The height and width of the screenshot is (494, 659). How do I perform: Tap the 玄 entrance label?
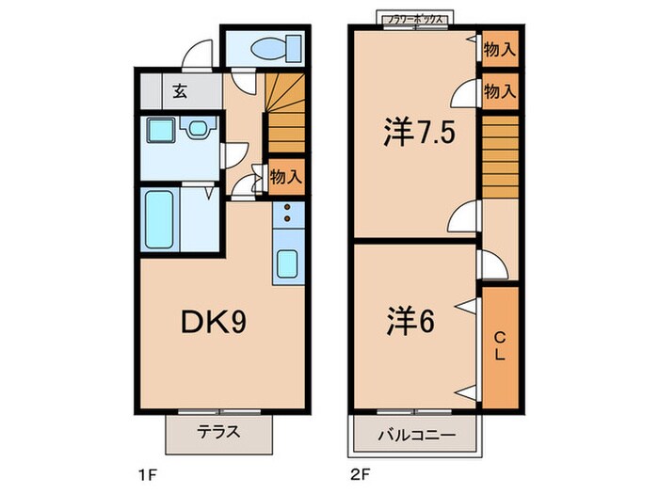pos(179,91)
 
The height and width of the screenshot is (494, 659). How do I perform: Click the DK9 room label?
pos(214,324)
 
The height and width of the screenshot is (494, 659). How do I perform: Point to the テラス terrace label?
pos(218,434)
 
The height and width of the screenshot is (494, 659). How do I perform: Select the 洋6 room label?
pos(409,322)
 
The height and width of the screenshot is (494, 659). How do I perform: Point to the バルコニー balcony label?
pos(417,436)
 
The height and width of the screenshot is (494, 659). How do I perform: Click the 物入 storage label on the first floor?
pos(285,175)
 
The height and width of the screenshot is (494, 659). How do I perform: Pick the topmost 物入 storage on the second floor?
pos(499,49)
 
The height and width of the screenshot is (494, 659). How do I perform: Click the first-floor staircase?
pos(284,114)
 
